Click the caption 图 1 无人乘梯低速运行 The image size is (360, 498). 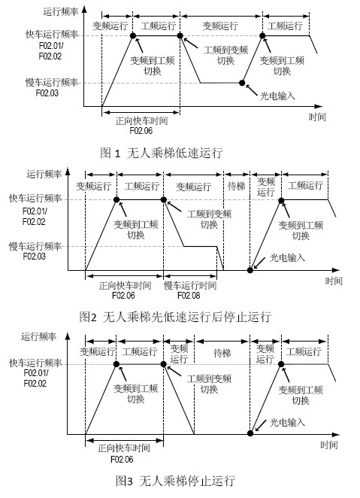pyautogui.click(x=161, y=153)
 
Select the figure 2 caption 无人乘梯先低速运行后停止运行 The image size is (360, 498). pyautogui.click(x=187, y=317)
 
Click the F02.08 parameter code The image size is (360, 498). pyautogui.click(x=189, y=296)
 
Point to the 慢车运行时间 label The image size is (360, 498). pyautogui.click(x=190, y=286)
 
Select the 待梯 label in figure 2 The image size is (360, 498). pyautogui.click(x=237, y=186)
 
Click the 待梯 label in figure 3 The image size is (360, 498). pyautogui.click(x=222, y=353)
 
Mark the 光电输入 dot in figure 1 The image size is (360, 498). pyautogui.click(x=242, y=83)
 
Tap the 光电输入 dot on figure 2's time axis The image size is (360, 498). pyautogui.click(x=250, y=270)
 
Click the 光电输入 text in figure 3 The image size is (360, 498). pyautogui.click(x=287, y=422)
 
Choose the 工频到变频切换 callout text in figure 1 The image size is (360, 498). pyautogui.click(x=225, y=55)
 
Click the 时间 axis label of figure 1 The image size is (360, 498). pyautogui.click(x=317, y=117)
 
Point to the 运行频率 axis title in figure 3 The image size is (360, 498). pyautogui.click(x=38, y=336)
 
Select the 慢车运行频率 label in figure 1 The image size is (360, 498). pyautogui.click(x=52, y=83)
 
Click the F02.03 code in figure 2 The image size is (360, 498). pyautogui.click(x=35, y=256)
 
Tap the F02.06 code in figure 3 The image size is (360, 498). pyautogui.click(x=122, y=459)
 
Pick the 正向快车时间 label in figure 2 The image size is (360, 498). pyautogui.click(x=125, y=286)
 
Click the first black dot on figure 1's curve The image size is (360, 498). pyautogui.click(x=133, y=35)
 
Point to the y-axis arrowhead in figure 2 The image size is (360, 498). pyautogui.click(x=67, y=172)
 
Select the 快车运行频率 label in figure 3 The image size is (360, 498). pyautogui.click(x=35, y=363)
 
